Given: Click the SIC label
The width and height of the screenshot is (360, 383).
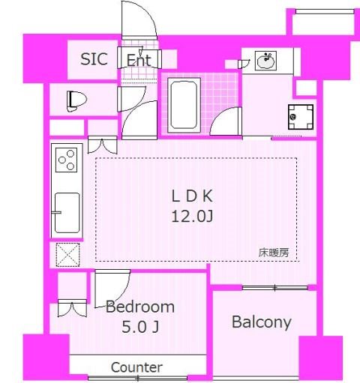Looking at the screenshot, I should point(94,59).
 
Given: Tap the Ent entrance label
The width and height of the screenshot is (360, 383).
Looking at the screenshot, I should point(139,59).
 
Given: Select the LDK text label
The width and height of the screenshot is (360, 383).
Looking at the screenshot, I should point(194,196).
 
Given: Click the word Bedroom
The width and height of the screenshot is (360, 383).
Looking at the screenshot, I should point(140,307).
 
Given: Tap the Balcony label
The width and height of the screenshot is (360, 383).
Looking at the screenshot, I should point(261,322).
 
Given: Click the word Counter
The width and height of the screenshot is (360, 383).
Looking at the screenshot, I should point(136,367).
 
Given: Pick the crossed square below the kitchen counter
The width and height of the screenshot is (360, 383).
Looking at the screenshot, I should point(66,254).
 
